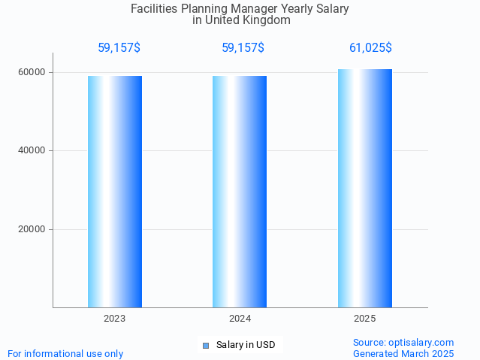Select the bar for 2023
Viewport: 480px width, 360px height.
[115, 192]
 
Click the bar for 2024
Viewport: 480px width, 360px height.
[240, 192]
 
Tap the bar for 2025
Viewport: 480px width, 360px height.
[364, 188]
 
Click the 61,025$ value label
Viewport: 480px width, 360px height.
[370, 48]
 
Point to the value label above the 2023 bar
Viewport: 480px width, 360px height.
[119, 48]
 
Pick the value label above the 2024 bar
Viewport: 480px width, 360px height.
[243, 48]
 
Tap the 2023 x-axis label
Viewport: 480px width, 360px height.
[115, 319]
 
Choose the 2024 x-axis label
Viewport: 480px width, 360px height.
[240, 319]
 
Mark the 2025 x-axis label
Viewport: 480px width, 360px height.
[364, 319]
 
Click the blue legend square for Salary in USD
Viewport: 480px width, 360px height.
[206, 346]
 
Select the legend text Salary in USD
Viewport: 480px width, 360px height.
[246, 345]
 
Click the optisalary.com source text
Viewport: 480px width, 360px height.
[403, 342]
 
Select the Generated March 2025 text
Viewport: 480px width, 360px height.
[403, 353]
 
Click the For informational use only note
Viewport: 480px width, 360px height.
[65, 353]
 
